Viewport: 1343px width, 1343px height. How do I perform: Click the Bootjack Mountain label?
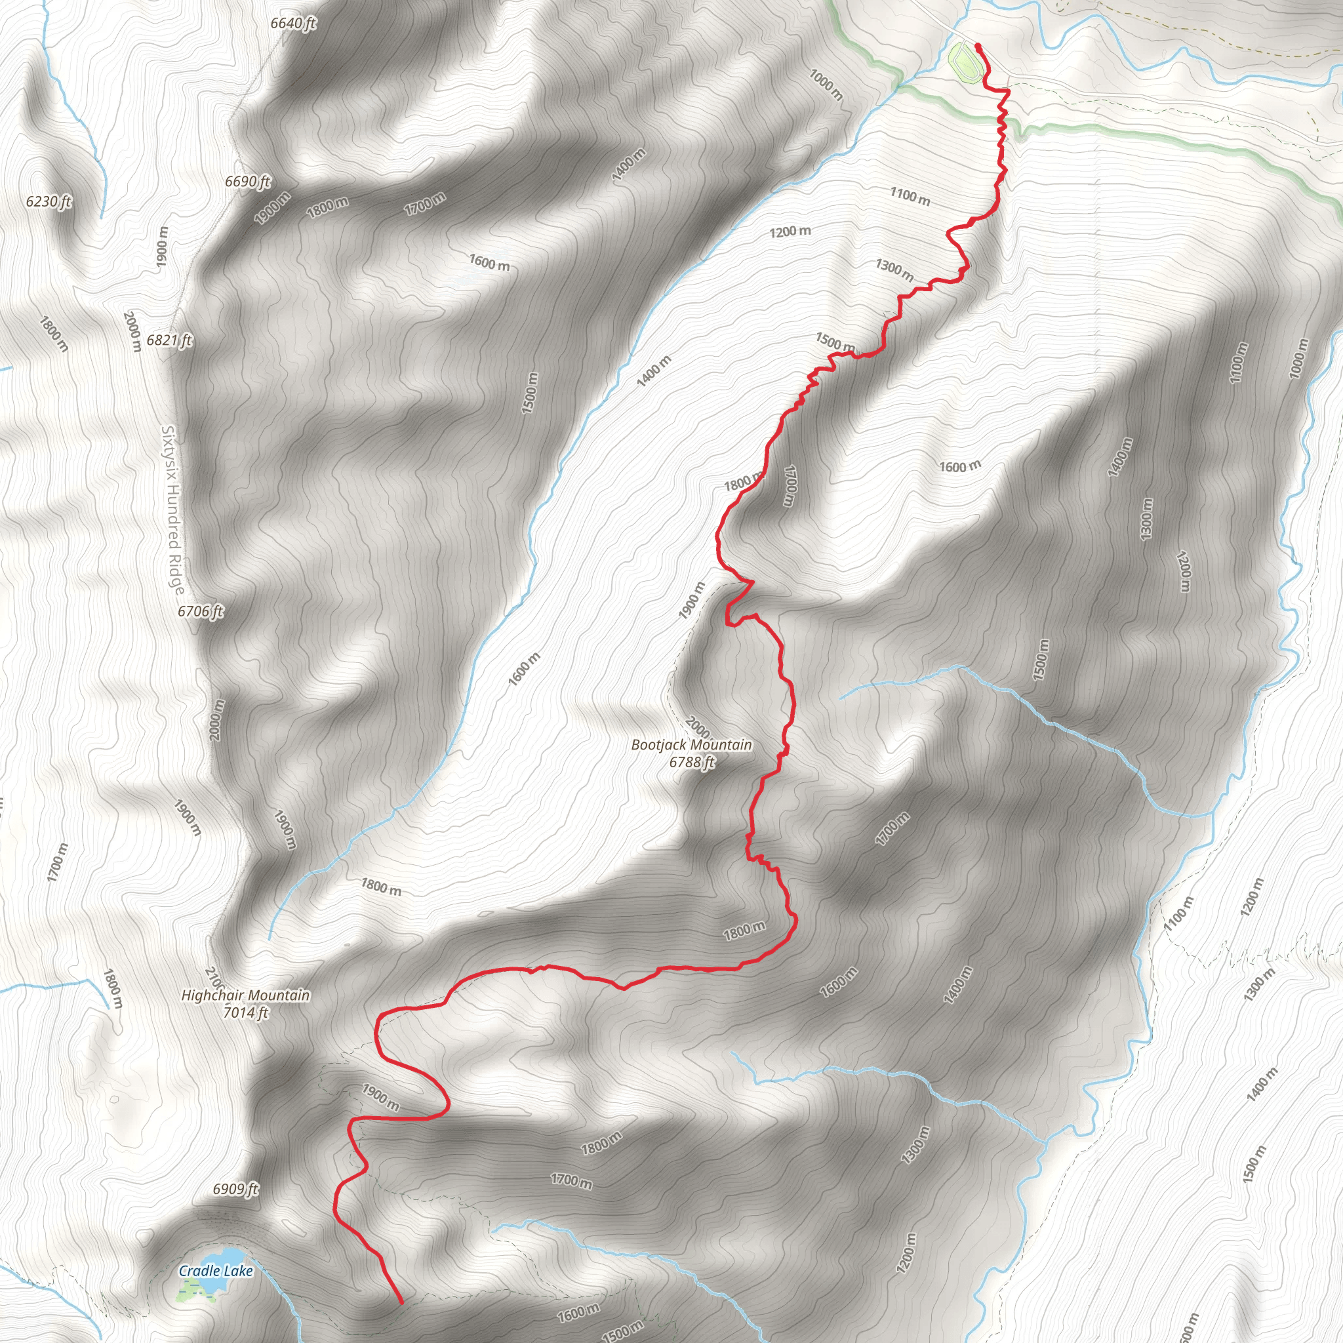point(691,744)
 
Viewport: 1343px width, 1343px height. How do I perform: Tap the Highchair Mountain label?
point(245,995)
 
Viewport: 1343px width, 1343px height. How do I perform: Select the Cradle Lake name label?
point(216,1271)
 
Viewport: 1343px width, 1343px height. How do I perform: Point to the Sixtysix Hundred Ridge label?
point(172,511)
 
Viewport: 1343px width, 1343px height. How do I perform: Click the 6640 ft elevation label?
point(292,23)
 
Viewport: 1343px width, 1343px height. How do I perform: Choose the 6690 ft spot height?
point(247,182)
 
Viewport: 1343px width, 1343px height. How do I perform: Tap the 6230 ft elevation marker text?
point(49,201)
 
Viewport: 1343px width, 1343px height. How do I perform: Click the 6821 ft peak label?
point(169,340)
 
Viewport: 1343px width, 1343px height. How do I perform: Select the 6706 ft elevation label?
point(200,611)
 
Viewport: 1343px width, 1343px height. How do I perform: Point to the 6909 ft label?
point(235,1190)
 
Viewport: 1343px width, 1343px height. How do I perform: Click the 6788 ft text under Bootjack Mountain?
point(692,763)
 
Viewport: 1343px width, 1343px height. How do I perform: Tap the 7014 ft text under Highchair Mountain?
point(245,1012)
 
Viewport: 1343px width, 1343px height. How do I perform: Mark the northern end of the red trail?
point(978,46)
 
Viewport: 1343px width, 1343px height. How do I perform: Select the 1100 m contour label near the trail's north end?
point(910,196)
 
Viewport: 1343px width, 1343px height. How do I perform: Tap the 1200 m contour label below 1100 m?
point(790,231)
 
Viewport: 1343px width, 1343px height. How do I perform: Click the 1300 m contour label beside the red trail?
point(894,269)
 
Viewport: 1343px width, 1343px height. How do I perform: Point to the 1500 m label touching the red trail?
point(835,342)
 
